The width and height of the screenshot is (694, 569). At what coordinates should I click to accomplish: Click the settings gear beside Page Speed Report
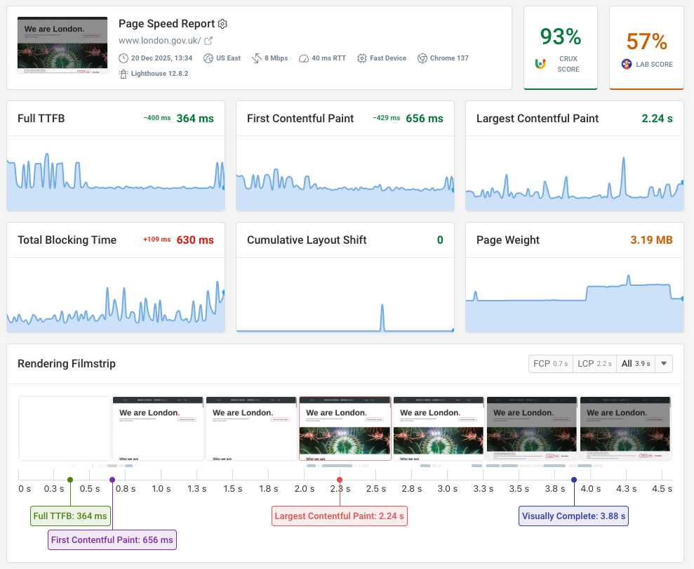pyautogui.click(x=222, y=24)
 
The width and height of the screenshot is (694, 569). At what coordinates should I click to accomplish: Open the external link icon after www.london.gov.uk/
pyautogui.click(x=208, y=41)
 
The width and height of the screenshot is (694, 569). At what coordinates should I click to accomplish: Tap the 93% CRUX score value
pyautogui.click(x=560, y=37)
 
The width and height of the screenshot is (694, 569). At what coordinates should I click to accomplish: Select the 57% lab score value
pyautogui.click(x=646, y=42)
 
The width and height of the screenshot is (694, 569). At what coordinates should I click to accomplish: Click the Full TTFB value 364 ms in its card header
pyautogui.click(x=195, y=119)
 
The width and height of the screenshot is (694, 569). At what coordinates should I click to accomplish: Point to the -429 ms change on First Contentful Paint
pyautogui.click(x=386, y=119)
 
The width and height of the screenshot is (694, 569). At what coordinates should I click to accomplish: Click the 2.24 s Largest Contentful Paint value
pyautogui.click(x=657, y=119)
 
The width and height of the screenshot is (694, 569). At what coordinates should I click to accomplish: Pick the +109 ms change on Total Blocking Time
pyautogui.click(x=156, y=240)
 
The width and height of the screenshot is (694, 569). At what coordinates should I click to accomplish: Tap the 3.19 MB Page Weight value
pyautogui.click(x=651, y=240)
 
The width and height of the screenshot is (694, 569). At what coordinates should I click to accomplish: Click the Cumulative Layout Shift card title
pyautogui.click(x=307, y=240)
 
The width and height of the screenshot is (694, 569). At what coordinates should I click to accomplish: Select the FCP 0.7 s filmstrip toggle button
pyautogui.click(x=551, y=364)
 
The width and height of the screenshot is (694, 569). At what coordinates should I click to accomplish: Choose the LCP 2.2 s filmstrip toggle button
pyautogui.click(x=594, y=364)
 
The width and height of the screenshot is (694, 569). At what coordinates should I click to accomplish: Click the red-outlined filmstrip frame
pyautogui.click(x=345, y=429)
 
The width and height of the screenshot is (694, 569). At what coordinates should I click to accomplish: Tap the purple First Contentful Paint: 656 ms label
pyautogui.click(x=112, y=539)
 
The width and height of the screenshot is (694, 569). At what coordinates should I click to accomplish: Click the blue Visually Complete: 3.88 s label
pyautogui.click(x=573, y=516)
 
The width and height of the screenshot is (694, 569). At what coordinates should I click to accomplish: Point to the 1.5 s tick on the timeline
pyautogui.click(x=233, y=489)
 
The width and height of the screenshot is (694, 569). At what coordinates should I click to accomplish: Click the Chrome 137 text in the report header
pyautogui.click(x=448, y=58)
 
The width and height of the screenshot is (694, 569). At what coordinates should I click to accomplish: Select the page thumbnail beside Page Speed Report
pyautogui.click(x=62, y=46)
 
